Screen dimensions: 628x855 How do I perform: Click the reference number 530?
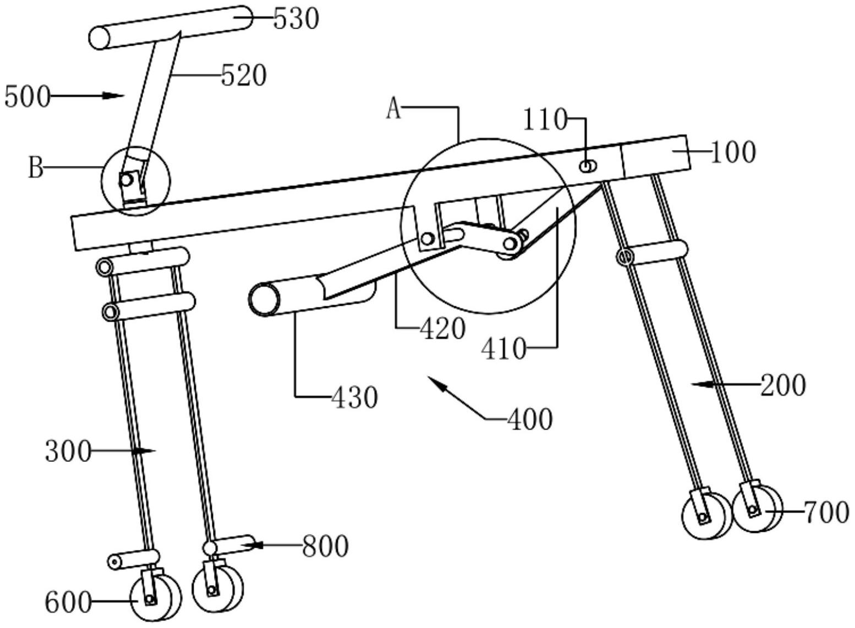point(296,20)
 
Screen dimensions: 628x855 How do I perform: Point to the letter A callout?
point(393,109)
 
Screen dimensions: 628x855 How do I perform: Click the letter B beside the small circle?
point(35,168)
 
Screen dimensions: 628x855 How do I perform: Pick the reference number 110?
point(545,119)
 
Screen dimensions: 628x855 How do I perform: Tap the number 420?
point(442,329)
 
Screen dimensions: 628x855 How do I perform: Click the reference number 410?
point(503,348)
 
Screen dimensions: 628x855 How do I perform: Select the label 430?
point(354,397)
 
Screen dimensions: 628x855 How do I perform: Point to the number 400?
point(529,420)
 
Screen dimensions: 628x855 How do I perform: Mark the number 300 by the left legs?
point(68,451)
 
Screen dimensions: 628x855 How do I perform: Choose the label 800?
point(325,546)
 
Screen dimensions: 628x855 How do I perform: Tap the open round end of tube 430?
point(264,300)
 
